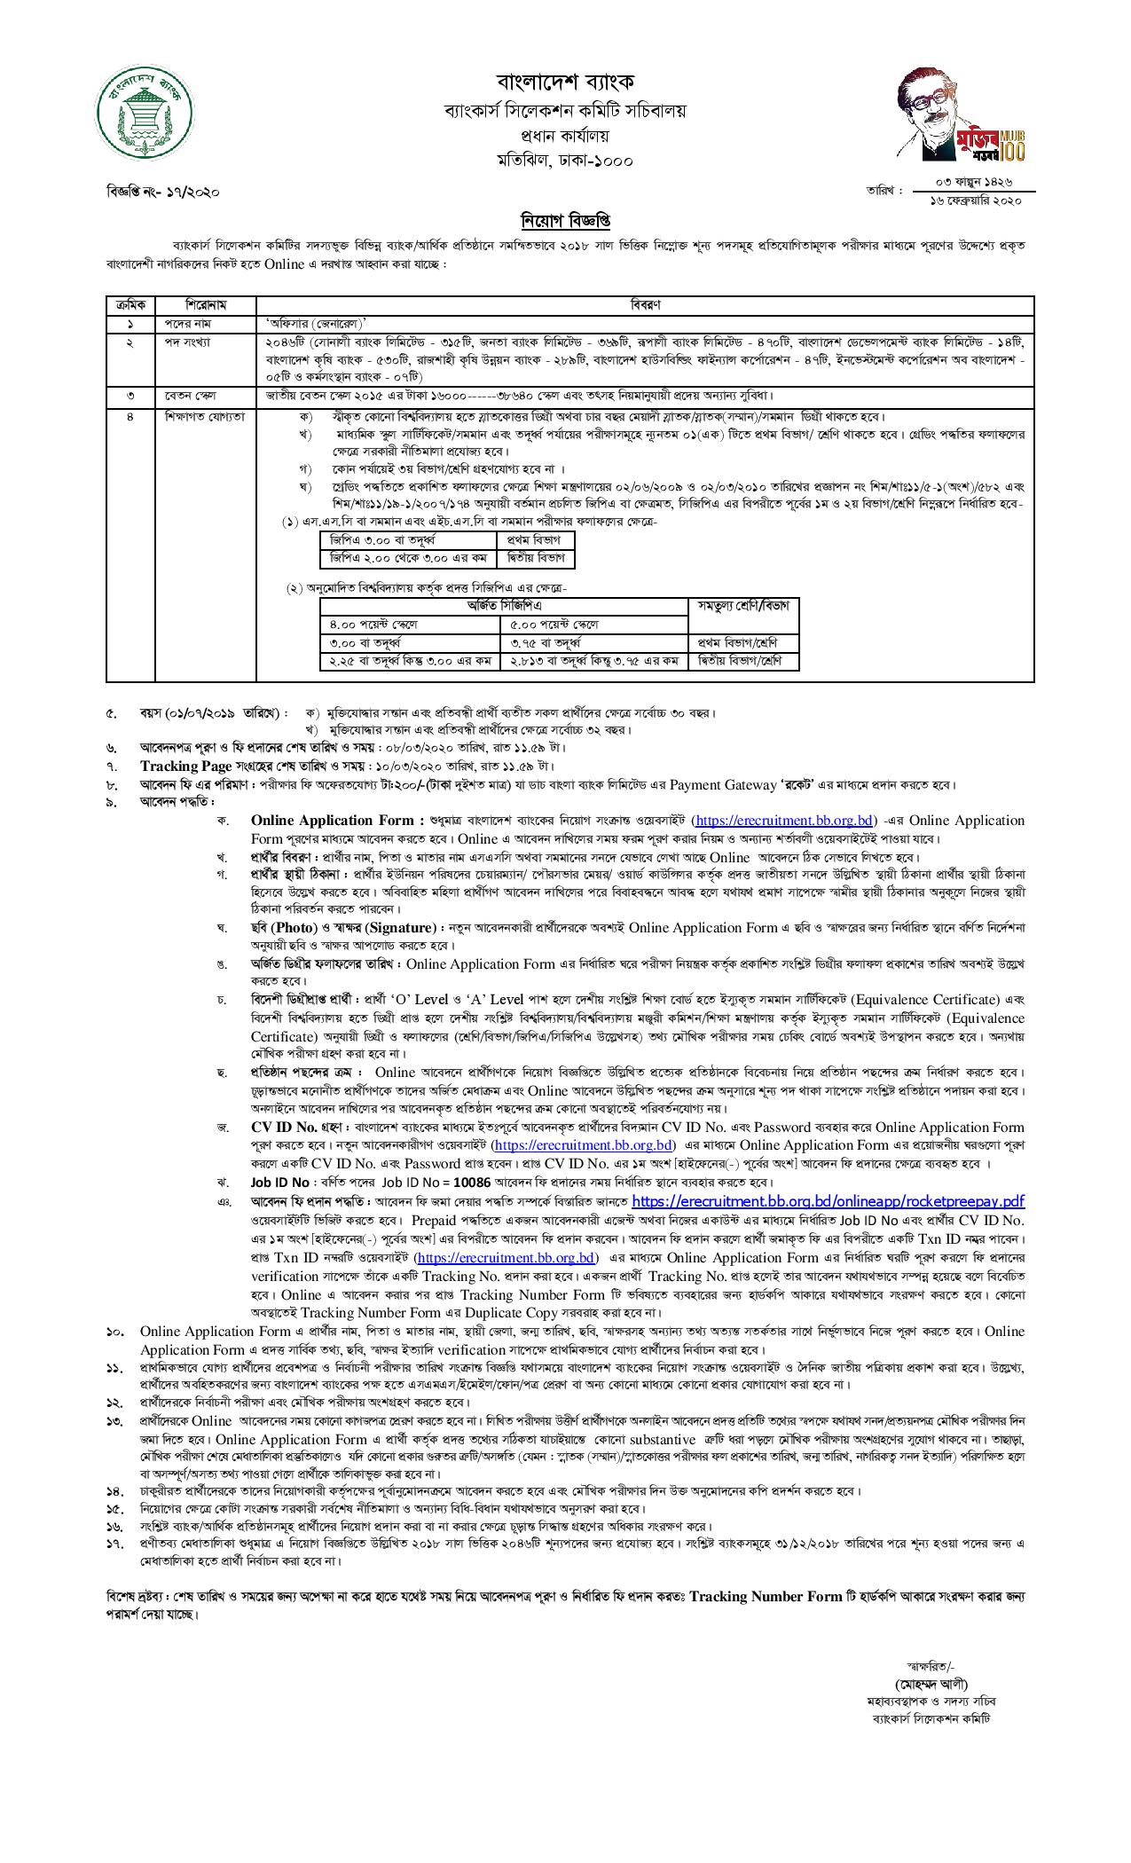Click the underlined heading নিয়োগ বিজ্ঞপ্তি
[565, 220]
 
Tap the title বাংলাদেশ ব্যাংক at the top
[565, 83]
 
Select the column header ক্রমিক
[130, 304]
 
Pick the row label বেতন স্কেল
[185, 394]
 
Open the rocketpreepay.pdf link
[828, 1201]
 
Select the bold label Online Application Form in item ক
[334, 821]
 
